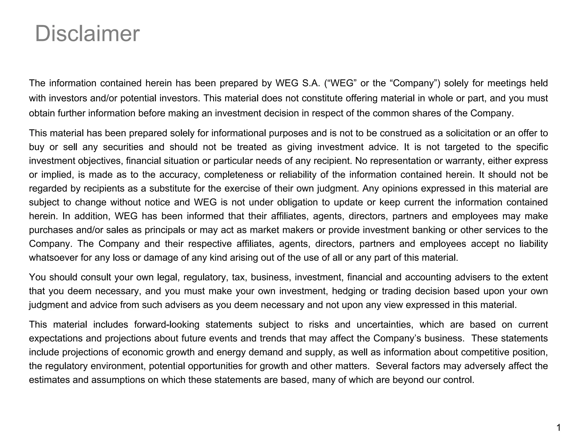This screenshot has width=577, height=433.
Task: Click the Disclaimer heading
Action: coord(87,34)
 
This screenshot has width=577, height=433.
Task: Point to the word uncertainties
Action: coord(385,325)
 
